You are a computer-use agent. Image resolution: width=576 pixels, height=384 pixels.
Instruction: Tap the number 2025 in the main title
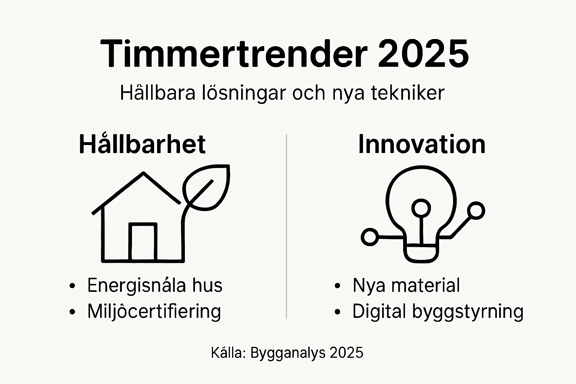pyautogui.click(x=423, y=53)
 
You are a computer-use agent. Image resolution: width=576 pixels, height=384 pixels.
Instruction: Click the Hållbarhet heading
pyautogui.click(x=142, y=144)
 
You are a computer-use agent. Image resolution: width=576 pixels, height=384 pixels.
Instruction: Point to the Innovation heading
pyautogui.click(x=421, y=144)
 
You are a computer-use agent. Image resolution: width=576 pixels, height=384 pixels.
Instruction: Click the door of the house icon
pyautogui.click(x=142, y=242)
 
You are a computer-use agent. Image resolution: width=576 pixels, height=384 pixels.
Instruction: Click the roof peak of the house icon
pyautogui.click(x=143, y=174)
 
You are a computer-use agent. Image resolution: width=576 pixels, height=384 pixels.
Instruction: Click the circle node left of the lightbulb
pyautogui.click(x=370, y=237)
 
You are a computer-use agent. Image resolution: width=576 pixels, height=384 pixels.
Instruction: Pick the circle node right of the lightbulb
pyautogui.click(x=476, y=210)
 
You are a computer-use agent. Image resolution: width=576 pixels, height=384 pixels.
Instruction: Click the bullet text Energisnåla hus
pyautogui.click(x=154, y=285)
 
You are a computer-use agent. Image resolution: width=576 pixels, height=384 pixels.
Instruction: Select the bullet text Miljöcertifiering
pyautogui.click(x=154, y=311)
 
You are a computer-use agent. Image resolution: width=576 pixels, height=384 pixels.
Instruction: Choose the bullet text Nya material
pyautogui.click(x=406, y=285)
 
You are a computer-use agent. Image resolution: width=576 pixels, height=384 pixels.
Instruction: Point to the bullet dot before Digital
pyautogui.click(x=337, y=312)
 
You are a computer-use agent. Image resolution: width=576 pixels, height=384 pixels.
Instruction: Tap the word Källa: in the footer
pyautogui.click(x=228, y=353)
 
